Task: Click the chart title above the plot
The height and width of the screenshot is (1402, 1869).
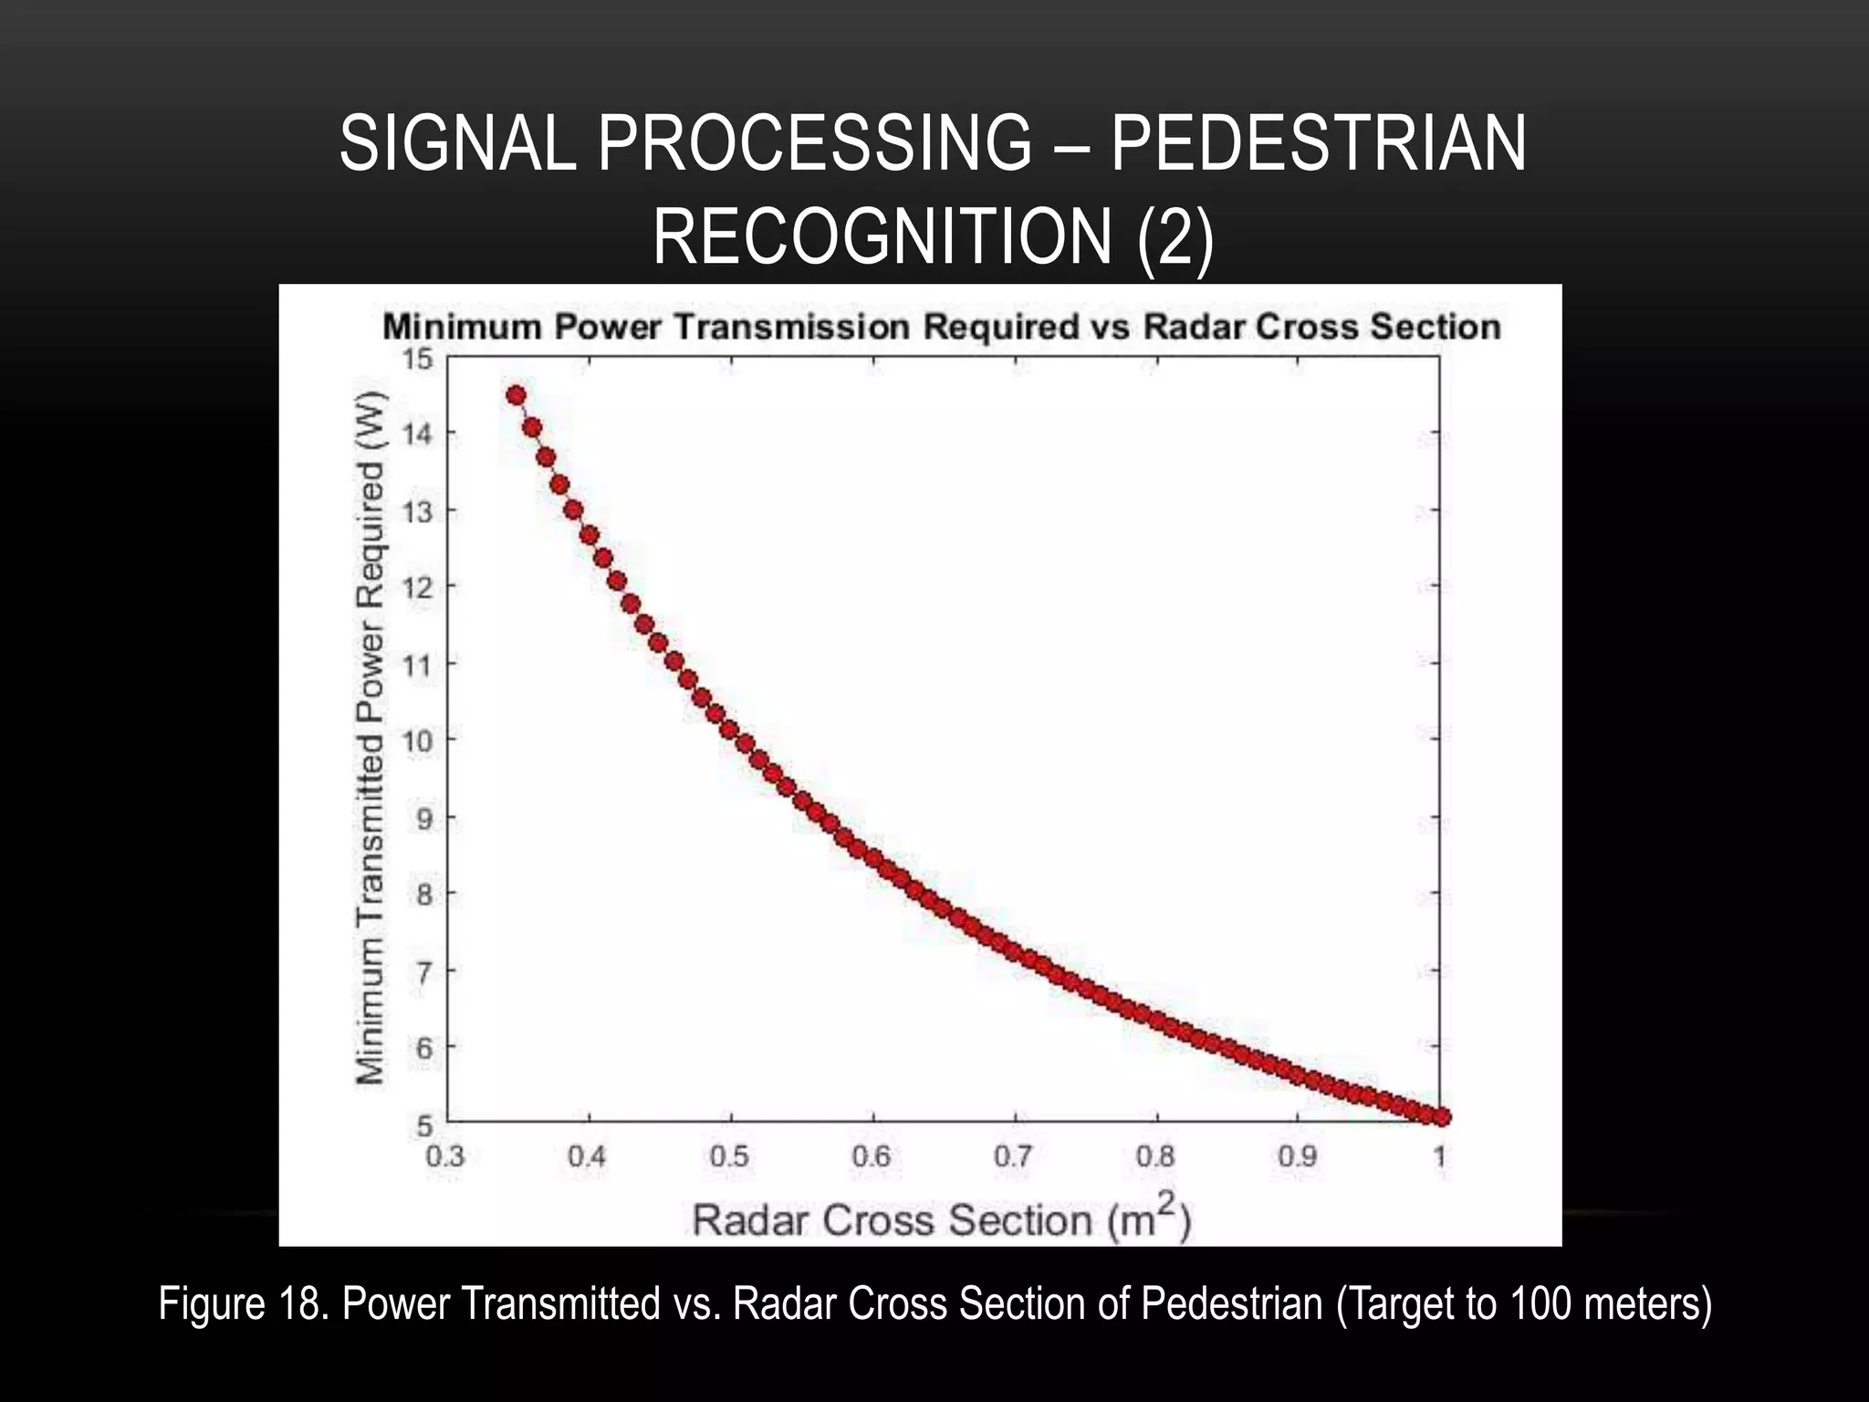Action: click(941, 327)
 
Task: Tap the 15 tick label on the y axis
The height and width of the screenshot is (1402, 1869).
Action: click(419, 359)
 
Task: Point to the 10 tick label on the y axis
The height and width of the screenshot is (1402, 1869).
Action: click(417, 739)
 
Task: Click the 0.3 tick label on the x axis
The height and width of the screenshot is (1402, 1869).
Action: click(445, 1157)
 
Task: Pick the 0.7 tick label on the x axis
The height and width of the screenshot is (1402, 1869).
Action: click(1013, 1157)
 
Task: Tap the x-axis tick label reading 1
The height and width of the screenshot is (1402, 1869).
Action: click(1440, 1157)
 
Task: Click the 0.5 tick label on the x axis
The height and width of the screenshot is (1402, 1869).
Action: click(729, 1157)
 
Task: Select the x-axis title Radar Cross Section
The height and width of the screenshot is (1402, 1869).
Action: click(941, 1219)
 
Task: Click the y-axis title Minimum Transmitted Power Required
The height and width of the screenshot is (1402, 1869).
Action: click(371, 739)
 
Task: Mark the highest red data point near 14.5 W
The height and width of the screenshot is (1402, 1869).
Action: click(516, 395)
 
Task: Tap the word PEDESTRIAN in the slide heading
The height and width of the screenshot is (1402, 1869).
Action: click(1318, 143)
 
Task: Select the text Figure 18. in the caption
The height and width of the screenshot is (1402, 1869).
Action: click(244, 1303)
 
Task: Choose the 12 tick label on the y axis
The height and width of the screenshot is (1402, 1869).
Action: click(417, 586)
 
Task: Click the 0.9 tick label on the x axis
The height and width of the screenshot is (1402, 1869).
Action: click(1297, 1157)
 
